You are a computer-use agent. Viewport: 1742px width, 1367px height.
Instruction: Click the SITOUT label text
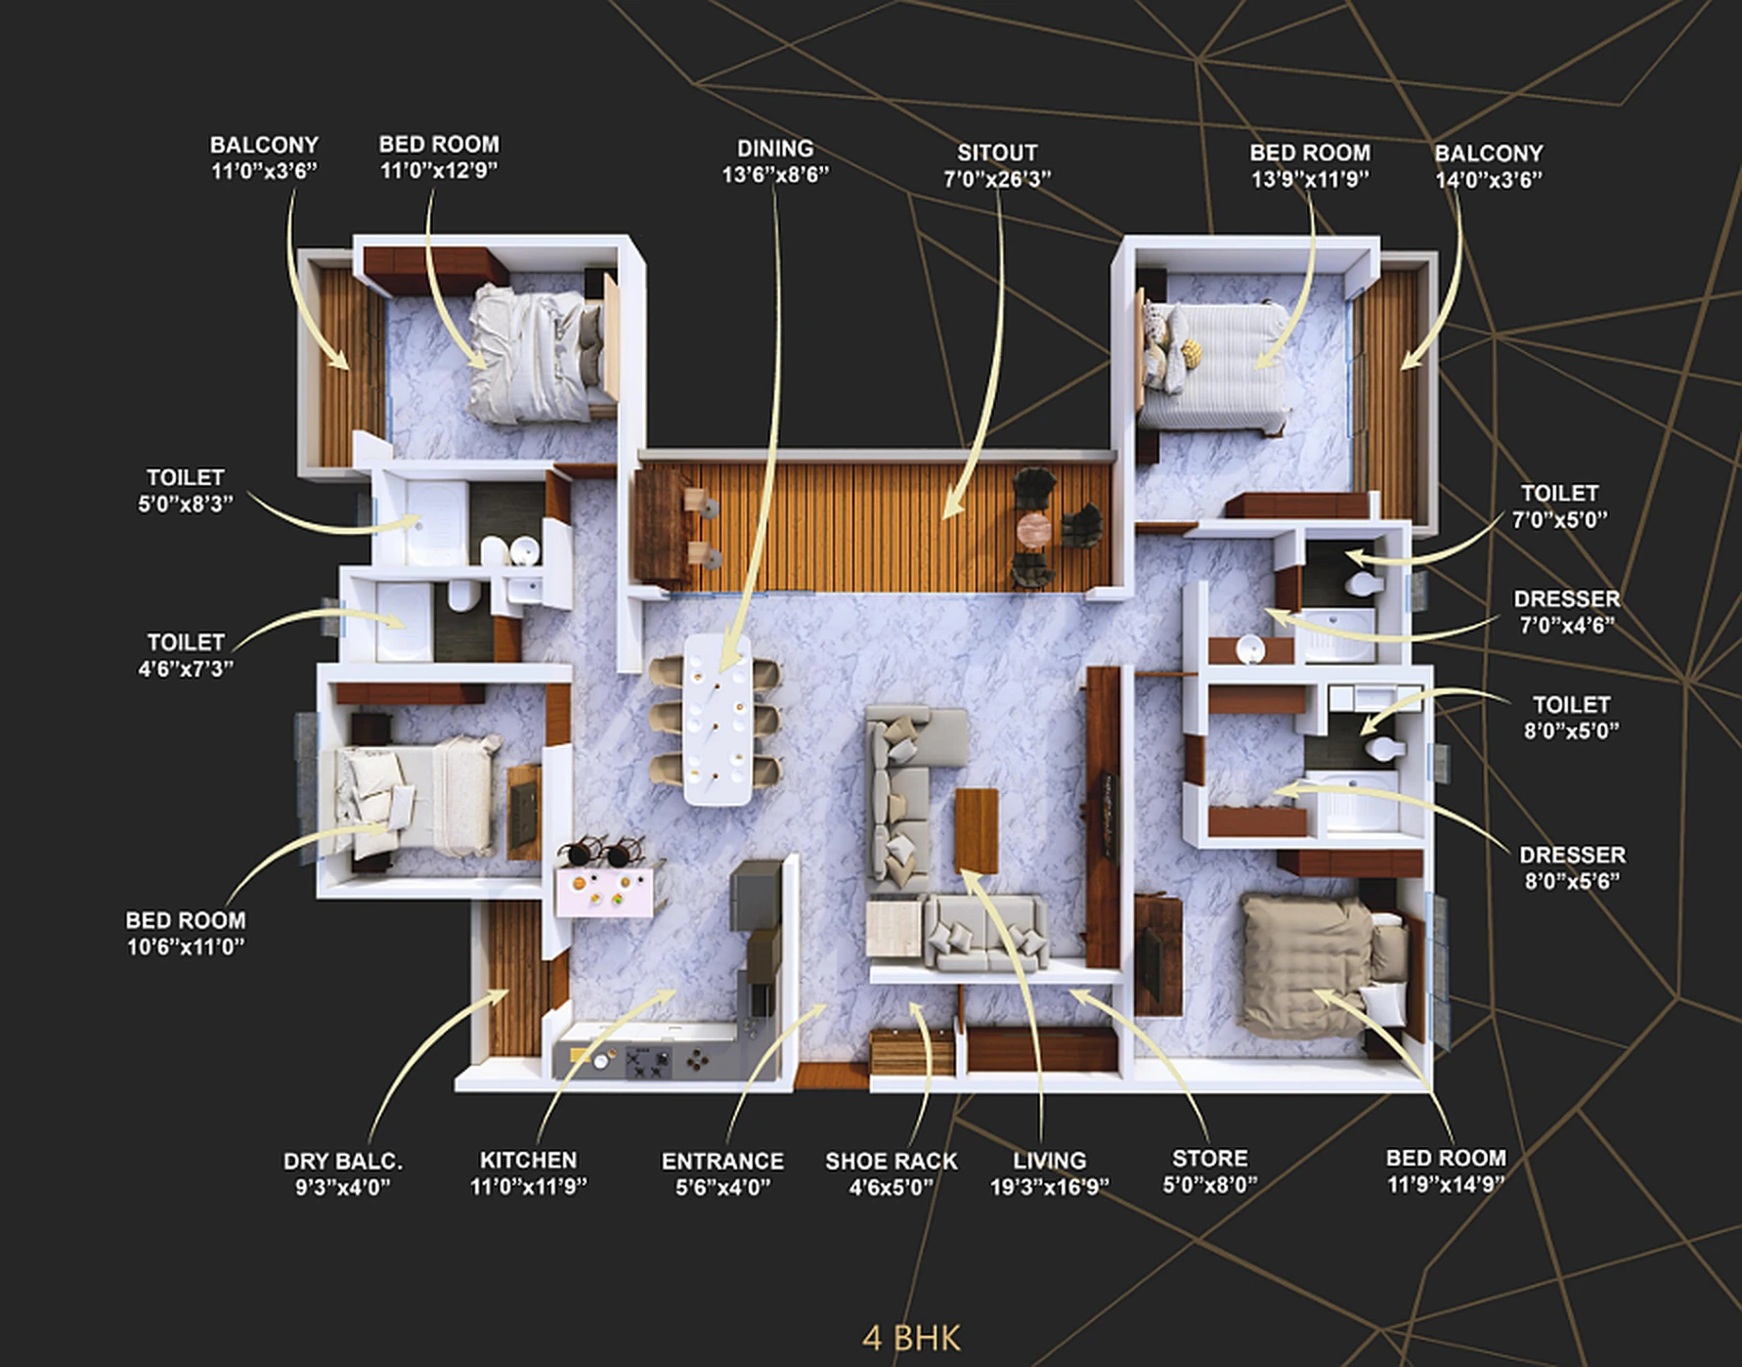point(996,154)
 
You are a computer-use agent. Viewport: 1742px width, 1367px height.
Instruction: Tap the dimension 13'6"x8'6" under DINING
point(774,175)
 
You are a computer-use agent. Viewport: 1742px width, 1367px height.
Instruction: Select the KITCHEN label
point(528,1160)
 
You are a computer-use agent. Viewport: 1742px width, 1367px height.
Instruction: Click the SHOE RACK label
point(891,1162)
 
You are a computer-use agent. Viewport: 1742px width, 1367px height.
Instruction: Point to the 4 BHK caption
point(911,1338)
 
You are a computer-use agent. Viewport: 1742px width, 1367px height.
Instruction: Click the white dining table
point(719,719)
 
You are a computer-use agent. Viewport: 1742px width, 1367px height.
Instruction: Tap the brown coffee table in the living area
point(976,829)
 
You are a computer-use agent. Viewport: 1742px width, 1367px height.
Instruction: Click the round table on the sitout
point(1034,529)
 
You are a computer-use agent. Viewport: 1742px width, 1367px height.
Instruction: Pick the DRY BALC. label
point(342,1162)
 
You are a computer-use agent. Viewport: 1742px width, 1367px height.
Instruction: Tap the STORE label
point(1209,1159)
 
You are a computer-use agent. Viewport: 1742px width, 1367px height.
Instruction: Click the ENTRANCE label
point(722,1162)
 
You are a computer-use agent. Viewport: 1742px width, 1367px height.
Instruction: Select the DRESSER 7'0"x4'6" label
point(1566,611)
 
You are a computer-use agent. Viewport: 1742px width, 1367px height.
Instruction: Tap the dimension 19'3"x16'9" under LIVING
point(1049,1187)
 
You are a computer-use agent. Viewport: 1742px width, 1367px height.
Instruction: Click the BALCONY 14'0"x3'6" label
point(1488,166)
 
